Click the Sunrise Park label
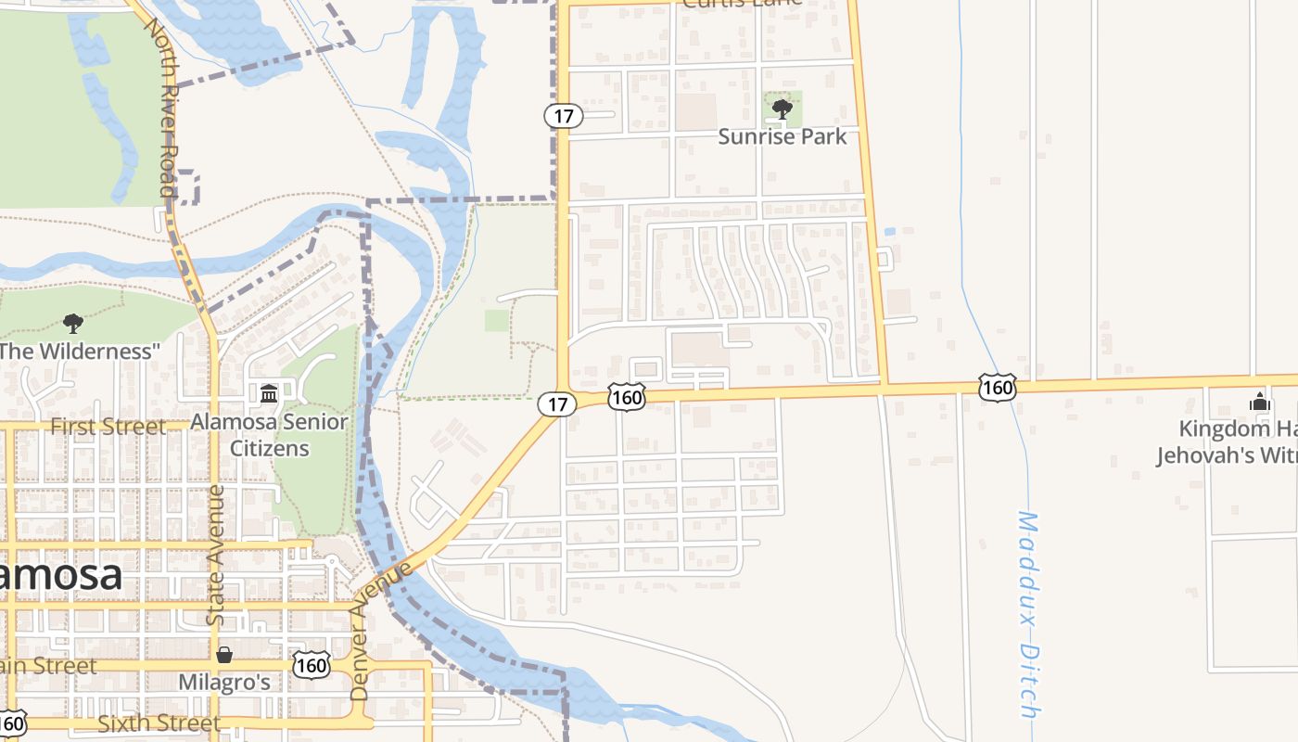[783, 136]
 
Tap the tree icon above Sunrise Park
[783, 109]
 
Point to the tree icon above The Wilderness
[73, 324]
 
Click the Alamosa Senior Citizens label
[269, 435]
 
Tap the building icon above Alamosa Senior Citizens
[269, 394]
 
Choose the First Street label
[108, 427]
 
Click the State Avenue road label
[216, 555]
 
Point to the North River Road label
[160, 106]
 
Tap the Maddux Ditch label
[1027, 614]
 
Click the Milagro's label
[224, 683]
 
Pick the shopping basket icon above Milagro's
[224, 656]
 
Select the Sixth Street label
[159, 723]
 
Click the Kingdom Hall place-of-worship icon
[1259, 402]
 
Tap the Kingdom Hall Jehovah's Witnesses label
[1226, 442]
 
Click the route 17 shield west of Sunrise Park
[563, 116]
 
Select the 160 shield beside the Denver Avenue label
[312, 664]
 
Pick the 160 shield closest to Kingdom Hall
[998, 387]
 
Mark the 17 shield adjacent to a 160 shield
[556, 403]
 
